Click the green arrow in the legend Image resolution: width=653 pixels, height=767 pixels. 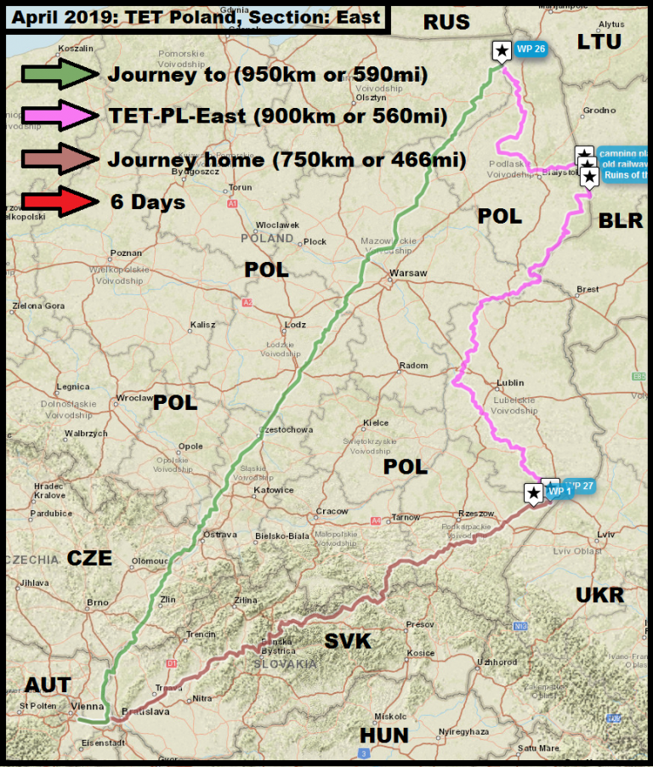[x=55, y=74]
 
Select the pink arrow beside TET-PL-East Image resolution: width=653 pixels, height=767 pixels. [x=55, y=116]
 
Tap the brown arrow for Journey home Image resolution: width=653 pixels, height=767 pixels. [x=55, y=159]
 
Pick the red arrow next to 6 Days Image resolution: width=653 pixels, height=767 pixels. [x=55, y=202]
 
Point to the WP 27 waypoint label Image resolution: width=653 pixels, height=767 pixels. [x=582, y=486]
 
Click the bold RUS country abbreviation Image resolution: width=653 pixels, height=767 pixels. [x=446, y=23]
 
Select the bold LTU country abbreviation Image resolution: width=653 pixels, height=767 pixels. [x=599, y=42]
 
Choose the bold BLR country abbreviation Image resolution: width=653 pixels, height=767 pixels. [x=620, y=221]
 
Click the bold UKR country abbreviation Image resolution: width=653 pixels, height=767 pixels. [x=599, y=595]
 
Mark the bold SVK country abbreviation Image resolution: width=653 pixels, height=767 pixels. [x=349, y=641]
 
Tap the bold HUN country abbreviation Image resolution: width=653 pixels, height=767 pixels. [x=383, y=735]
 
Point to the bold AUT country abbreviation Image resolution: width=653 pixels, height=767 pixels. [x=48, y=685]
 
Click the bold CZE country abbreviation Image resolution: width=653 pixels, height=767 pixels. [x=89, y=558]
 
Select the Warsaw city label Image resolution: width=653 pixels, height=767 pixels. [x=407, y=274]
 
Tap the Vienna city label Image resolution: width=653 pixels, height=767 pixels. [x=88, y=706]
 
